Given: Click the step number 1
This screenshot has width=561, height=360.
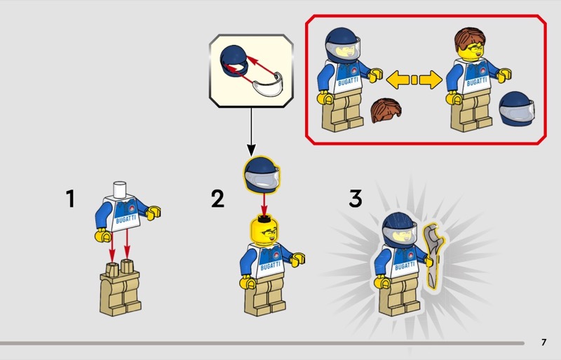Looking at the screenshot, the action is [x=71, y=199].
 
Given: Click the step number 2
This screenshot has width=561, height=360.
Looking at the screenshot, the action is [x=217, y=199].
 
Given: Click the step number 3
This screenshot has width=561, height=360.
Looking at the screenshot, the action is [x=356, y=199].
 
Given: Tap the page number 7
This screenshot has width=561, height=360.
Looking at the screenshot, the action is [x=544, y=342].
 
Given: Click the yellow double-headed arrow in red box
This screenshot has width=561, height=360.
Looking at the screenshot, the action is [x=414, y=79].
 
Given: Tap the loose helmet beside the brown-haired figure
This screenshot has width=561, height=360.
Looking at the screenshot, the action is [x=517, y=108].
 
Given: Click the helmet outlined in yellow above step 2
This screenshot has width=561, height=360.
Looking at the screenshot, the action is [x=262, y=175].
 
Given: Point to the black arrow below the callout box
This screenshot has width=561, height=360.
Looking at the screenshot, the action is [x=251, y=131].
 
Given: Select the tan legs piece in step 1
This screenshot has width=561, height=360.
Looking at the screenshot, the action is [x=120, y=287].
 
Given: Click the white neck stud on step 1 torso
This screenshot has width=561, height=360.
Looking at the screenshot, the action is [x=120, y=189].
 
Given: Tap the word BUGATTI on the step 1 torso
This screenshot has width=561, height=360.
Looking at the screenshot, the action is [x=126, y=219].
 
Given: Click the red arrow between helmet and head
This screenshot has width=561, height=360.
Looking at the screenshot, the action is [x=264, y=204].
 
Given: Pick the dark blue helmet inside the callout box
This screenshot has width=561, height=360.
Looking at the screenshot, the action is [x=234, y=61].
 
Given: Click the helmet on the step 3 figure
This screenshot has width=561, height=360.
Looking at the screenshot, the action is [x=399, y=229].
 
